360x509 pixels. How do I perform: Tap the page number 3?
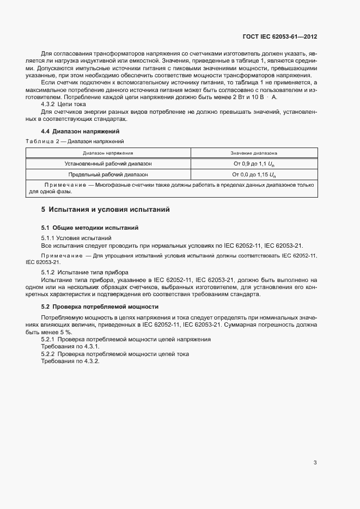coord(315,463)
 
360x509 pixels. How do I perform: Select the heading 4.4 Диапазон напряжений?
coord(80,132)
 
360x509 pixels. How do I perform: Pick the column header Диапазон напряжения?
coord(108,154)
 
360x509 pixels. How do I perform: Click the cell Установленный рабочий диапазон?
coord(108,163)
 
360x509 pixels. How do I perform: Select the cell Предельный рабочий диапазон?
coord(108,175)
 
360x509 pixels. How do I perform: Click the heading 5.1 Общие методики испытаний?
coord(90,228)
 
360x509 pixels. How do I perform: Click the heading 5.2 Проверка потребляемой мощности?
coord(100,306)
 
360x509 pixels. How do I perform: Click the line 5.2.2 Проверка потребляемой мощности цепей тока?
coord(115,354)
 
